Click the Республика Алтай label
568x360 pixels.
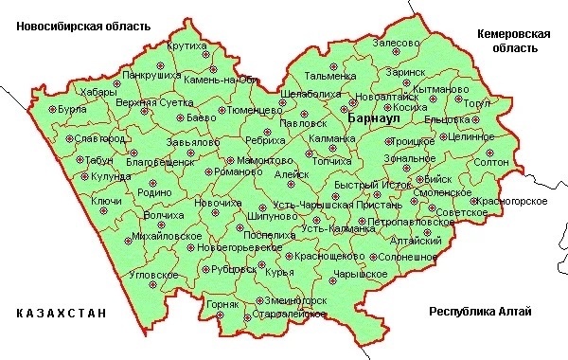point(480,312)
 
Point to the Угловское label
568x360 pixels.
point(154,275)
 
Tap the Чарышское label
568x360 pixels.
point(360,274)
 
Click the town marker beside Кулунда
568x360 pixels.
point(81,175)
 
